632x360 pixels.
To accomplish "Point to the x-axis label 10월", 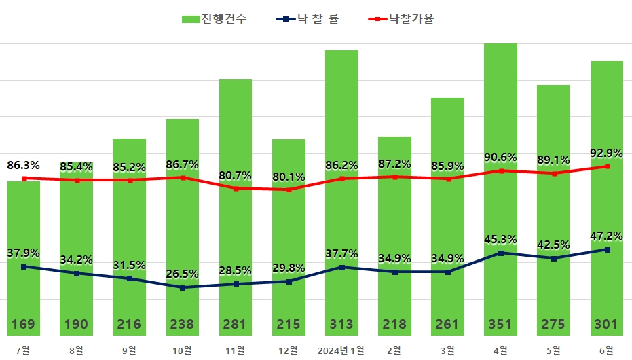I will [183, 350].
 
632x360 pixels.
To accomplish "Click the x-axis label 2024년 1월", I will [341, 350].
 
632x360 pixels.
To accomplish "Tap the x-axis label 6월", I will [607, 350].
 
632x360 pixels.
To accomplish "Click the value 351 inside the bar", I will [501, 325].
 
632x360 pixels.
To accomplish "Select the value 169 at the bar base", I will [24, 325].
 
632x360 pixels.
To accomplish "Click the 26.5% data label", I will [183, 274].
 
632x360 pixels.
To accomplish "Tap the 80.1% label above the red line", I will [289, 177].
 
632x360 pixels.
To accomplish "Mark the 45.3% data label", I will [501, 239].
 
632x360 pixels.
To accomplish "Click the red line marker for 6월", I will [607, 166].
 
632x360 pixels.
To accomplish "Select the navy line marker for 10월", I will [183, 287].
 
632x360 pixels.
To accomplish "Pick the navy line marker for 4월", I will [501, 253].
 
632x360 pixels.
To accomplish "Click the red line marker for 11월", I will [236, 188].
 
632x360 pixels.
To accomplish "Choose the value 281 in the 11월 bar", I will [236, 325].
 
